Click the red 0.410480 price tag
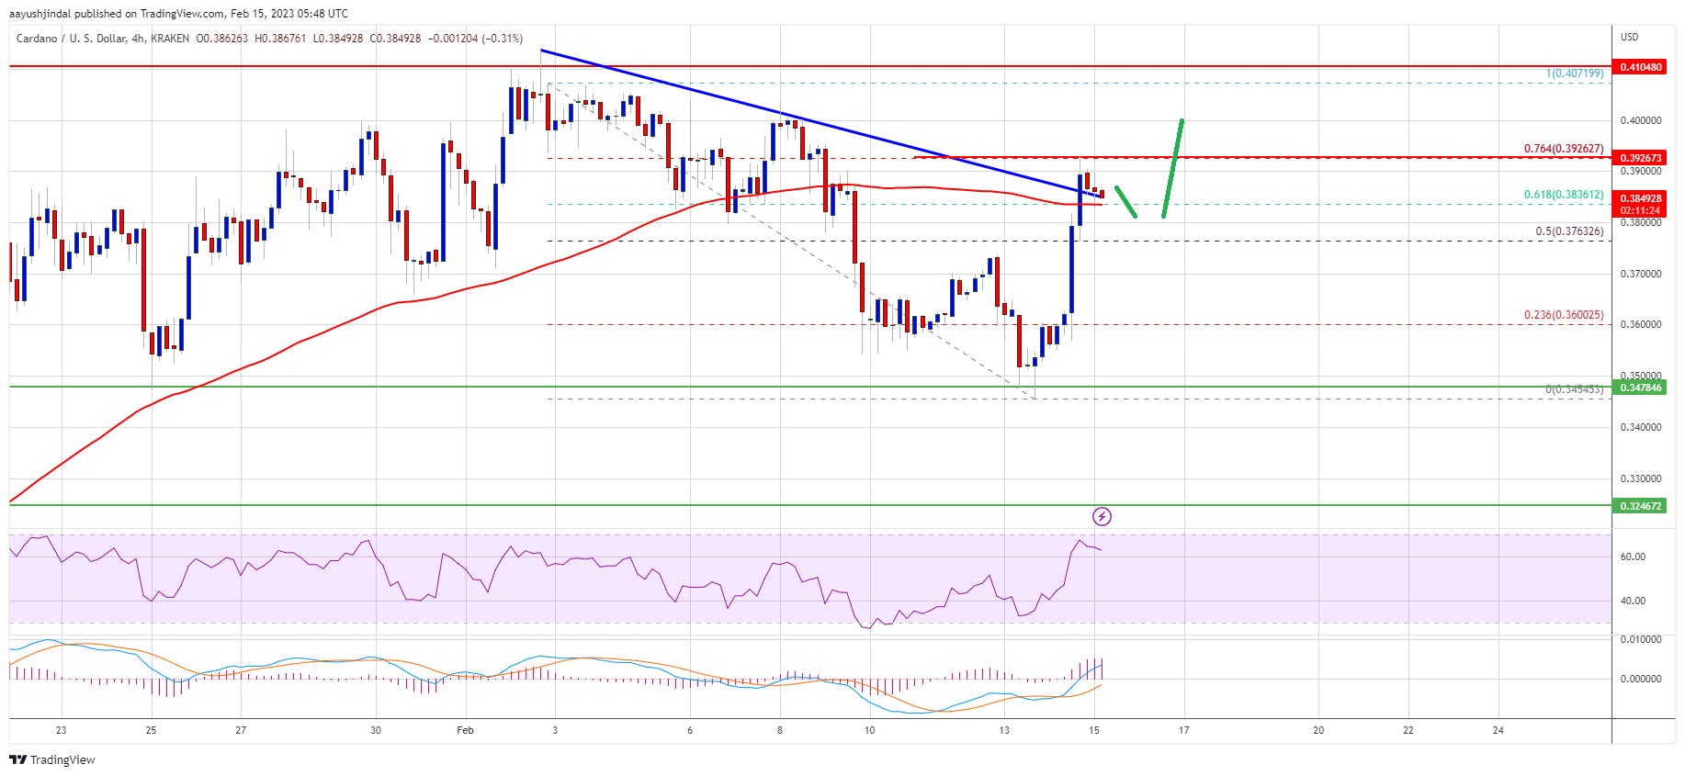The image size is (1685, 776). pos(1640,67)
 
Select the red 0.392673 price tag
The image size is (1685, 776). pos(1640,158)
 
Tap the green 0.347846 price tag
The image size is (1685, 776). pos(1640,388)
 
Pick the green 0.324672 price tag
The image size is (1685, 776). pos(1640,506)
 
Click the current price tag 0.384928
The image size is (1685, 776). pos(1640,198)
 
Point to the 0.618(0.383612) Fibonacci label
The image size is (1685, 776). pos(1564,195)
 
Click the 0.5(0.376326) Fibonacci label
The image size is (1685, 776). pos(1569,231)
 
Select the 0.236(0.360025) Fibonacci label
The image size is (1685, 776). pos(1564,315)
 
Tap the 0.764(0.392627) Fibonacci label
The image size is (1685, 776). pos(1564,149)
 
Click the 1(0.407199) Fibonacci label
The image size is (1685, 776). pos(1574,73)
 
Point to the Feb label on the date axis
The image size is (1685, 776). pos(466,731)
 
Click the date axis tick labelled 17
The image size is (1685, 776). pos(1184,731)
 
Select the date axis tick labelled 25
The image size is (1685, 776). pos(151,731)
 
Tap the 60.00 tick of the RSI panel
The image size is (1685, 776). pos(1633,557)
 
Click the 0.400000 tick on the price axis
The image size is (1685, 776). pos(1640,120)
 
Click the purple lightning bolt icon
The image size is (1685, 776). pos(1102,517)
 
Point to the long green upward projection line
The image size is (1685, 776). pos(1172,168)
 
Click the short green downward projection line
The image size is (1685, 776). pos(1125,201)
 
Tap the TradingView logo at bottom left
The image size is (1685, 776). pos(52,759)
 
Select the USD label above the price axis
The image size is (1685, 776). pos(1629,37)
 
